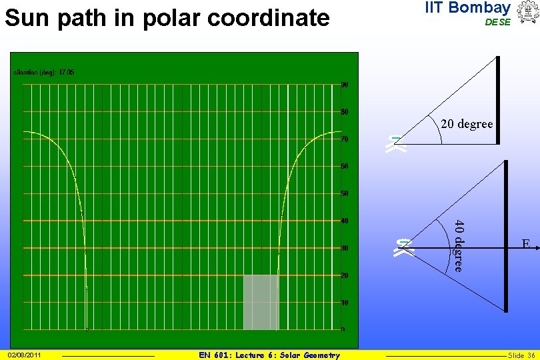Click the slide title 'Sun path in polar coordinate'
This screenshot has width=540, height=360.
coord(167,17)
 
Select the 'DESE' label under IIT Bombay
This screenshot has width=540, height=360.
coord(497,22)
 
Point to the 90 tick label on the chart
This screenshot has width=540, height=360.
coord(344,85)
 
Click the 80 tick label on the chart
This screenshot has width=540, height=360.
coord(344,111)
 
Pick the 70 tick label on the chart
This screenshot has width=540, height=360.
coord(344,139)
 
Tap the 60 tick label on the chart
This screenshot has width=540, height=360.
coord(344,166)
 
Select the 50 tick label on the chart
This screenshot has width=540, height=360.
coord(344,193)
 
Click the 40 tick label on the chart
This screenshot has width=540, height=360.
coord(344,221)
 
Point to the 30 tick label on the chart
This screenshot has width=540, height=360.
coord(344,248)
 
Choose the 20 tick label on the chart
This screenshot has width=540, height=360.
coord(344,275)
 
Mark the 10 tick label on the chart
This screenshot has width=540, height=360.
coord(344,303)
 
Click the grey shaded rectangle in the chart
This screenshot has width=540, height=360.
coord(261,302)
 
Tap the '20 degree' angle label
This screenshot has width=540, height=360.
coord(467,124)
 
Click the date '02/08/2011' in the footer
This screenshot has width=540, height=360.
coord(24,355)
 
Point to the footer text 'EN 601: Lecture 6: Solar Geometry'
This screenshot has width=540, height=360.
coord(269,355)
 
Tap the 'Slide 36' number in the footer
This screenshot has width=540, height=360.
coord(521,355)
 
